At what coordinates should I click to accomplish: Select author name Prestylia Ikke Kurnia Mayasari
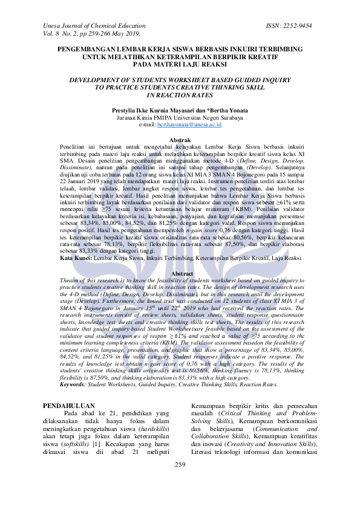[160, 111]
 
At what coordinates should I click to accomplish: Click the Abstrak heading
[180, 140]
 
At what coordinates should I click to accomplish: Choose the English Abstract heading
[180, 274]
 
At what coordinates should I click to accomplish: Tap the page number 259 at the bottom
[180, 481]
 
